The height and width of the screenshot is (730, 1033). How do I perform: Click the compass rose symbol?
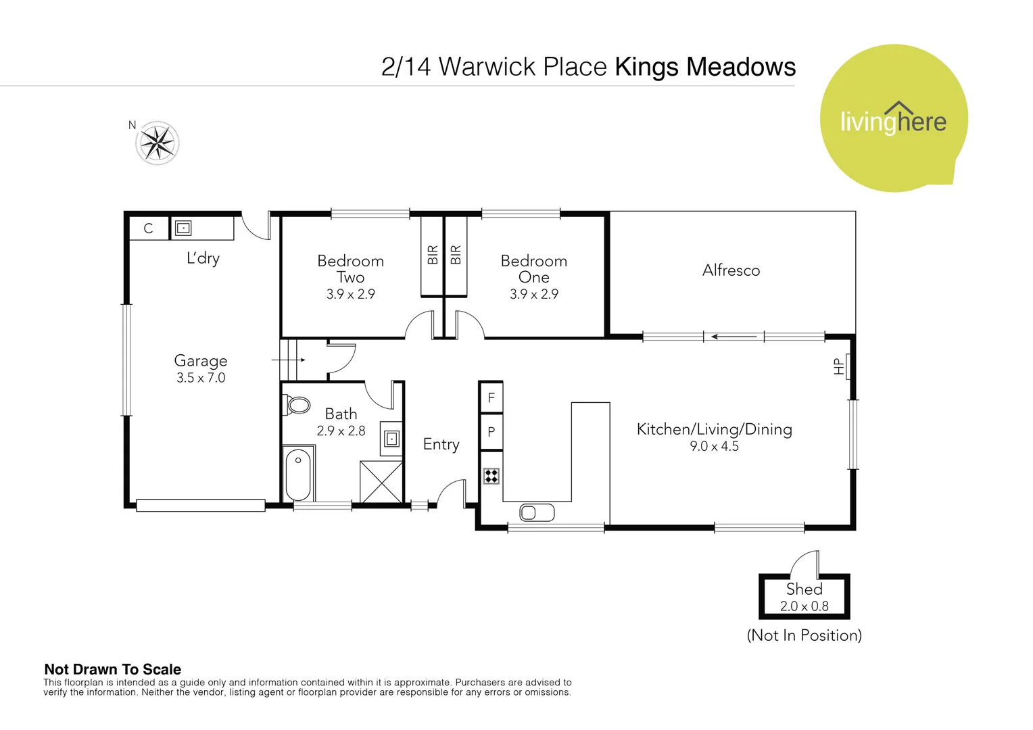click(x=158, y=143)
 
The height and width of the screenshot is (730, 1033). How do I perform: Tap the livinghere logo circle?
click(x=893, y=119)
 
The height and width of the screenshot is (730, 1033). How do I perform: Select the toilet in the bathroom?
click(x=297, y=406)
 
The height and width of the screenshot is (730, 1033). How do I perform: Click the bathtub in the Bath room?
click(x=297, y=474)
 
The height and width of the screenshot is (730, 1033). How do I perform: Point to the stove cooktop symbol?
click(x=491, y=476)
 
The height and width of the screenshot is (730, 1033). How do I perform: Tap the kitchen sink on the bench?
click(x=537, y=513)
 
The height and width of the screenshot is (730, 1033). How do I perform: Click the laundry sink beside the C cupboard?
click(x=183, y=228)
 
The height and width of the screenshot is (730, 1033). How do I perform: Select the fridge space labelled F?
click(x=491, y=398)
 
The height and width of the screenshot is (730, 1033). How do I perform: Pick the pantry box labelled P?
click(x=491, y=432)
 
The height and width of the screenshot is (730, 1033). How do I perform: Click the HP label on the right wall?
click(x=839, y=366)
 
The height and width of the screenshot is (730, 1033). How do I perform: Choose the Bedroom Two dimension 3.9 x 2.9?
click(x=350, y=294)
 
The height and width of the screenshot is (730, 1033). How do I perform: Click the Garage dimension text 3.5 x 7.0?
click(x=201, y=378)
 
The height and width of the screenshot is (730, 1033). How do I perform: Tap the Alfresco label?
click(x=731, y=270)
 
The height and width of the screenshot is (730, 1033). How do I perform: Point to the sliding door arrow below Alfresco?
click(x=734, y=337)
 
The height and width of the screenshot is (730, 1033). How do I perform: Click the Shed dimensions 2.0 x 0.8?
click(x=804, y=606)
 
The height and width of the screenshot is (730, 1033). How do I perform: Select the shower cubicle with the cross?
click(x=381, y=482)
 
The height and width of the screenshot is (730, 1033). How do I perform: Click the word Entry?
click(x=441, y=444)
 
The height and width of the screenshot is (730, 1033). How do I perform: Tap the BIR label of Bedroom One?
click(x=456, y=255)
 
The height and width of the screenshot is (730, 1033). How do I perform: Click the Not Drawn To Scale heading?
click(x=112, y=669)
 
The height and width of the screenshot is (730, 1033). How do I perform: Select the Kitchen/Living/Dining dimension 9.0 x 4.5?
click(x=714, y=446)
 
